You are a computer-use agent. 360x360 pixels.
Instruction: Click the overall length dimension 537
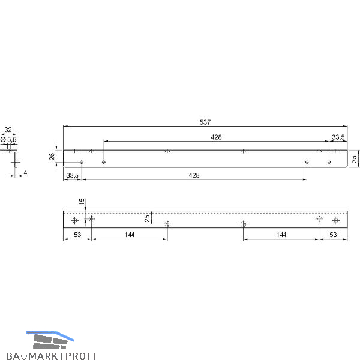point(205,122)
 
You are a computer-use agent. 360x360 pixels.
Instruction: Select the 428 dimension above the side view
point(216,137)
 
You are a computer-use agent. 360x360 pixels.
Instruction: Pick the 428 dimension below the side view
point(194,175)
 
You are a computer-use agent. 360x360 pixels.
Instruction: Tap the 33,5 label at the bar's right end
point(338,137)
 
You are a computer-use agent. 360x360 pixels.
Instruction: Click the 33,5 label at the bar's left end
point(73,175)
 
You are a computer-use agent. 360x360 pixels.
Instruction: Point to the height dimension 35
point(354,159)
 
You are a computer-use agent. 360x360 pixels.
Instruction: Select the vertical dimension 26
point(52,157)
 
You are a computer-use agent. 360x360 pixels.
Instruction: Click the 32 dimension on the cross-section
point(8,130)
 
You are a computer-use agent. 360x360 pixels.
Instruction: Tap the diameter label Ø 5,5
point(8,139)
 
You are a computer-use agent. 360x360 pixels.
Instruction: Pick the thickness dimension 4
point(25,173)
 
